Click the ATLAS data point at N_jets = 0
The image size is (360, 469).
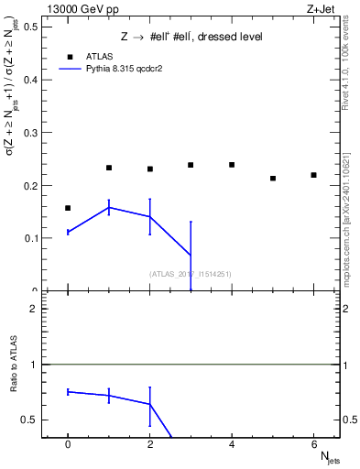tap(68, 208)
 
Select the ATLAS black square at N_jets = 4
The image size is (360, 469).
tap(232, 165)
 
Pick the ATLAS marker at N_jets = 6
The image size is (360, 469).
tap(313, 175)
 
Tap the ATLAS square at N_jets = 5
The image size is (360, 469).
tap(273, 178)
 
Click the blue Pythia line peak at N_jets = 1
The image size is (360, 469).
tap(109, 208)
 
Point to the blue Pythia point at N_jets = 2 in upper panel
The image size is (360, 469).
tap(149, 216)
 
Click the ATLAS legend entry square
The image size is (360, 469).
tap(70, 56)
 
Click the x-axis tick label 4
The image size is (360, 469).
tap(232, 444)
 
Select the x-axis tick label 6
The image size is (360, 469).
tap(313, 444)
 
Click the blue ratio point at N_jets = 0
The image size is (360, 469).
tap(68, 391)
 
